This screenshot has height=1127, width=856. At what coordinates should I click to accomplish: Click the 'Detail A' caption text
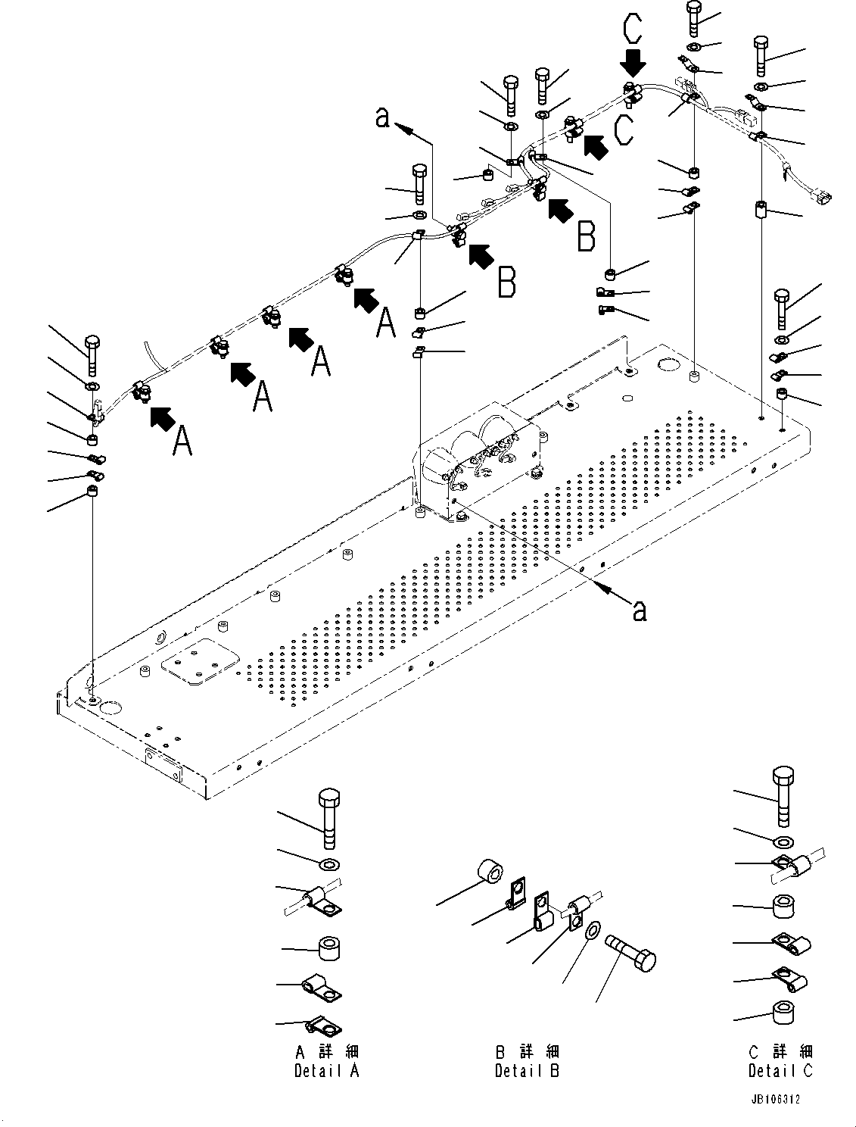[x=326, y=1071]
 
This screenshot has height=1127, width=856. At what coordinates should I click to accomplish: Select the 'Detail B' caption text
[x=527, y=1071]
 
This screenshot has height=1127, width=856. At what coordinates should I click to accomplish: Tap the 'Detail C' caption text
[x=780, y=1071]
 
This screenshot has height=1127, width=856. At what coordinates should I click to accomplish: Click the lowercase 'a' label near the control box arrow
[x=640, y=610]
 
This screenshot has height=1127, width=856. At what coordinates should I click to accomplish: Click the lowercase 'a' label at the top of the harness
[x=384, y=117]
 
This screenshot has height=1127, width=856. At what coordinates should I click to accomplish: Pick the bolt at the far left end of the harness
[x=92, y=354]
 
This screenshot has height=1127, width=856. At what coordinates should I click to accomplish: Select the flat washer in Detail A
[x=330, y=865]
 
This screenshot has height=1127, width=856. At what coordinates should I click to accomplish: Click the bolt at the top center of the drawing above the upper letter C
[x=694, y=17]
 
